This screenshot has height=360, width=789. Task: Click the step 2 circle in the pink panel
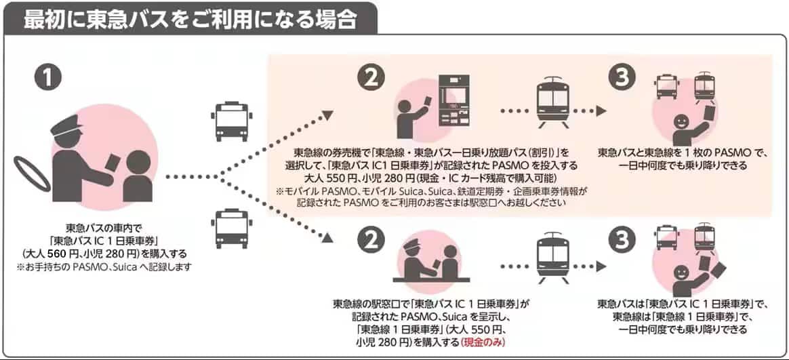371,79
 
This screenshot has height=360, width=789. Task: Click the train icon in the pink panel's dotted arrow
550,104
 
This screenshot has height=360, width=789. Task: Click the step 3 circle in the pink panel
622,79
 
